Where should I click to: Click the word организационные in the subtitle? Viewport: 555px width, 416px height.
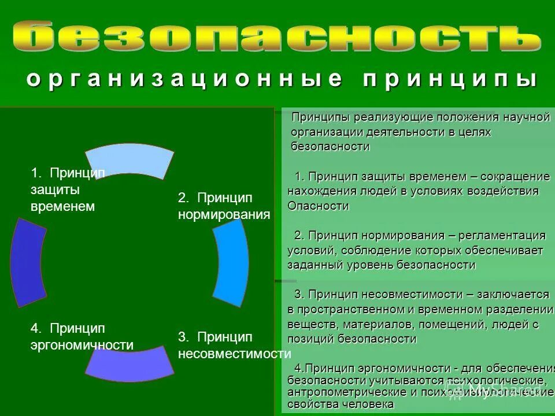(184, 79)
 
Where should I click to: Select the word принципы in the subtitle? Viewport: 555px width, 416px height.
(450, 79)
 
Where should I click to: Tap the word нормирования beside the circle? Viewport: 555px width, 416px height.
(224, 215)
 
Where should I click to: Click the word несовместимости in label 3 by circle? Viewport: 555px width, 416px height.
(234, 354)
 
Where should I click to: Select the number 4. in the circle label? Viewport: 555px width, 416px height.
(36, 328)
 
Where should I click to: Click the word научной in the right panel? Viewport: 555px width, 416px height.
(527, 117)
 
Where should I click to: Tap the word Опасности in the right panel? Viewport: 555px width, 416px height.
(318, 206)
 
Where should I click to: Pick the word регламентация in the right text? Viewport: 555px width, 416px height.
(497, 236)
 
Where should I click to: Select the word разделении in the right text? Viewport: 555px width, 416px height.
(520, 310)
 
